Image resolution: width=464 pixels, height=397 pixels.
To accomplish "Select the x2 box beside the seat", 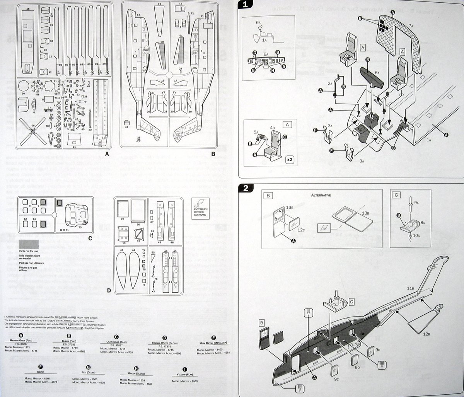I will pos(288,159).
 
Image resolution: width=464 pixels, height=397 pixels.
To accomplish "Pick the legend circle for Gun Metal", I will pos(213,337).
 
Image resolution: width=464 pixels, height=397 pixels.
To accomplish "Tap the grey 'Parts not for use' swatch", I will pos(28,244).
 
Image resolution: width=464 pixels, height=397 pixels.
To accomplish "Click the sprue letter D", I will pos(109,290).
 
